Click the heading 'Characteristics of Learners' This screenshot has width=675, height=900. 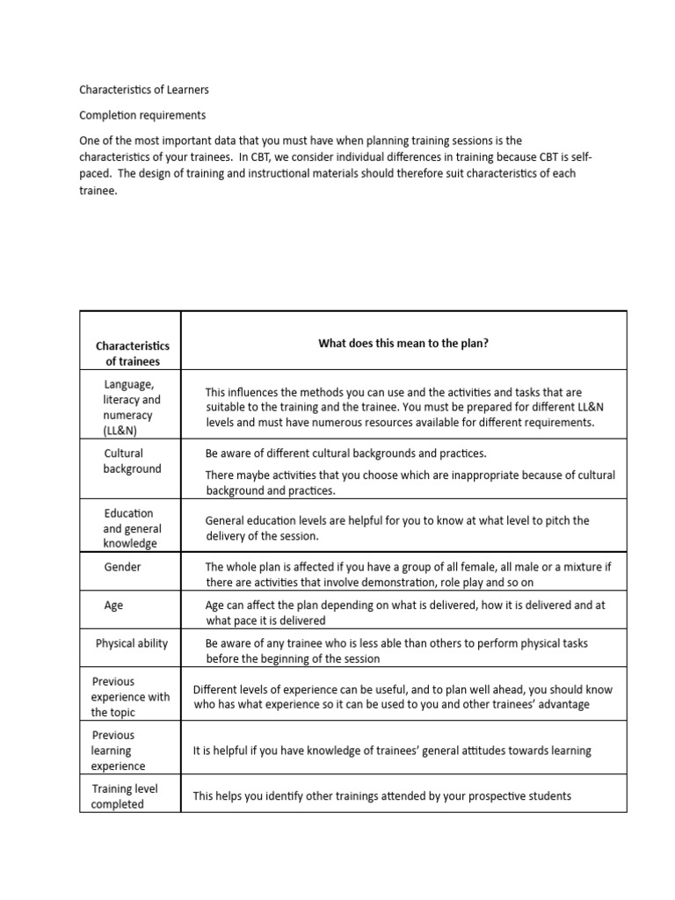[x=144, y=90]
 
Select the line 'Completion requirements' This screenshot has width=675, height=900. [x=142, y=115]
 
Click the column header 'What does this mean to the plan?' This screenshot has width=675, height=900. [x=403, y=344]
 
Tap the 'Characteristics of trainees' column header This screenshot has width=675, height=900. [x=132, y=353]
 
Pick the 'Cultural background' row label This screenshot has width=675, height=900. [x=132, y=461]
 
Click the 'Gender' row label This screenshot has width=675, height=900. [x=122, y=567]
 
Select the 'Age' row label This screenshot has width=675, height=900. [x=113, y=606]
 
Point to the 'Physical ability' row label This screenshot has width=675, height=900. [x=132, y=643]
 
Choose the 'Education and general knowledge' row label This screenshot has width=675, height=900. [x=130, y=528]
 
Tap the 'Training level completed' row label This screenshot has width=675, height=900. [x=125, y=796]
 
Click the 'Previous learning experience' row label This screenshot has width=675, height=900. [x=118, y=751]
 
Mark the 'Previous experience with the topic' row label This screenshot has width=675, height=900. [x=130, y=697]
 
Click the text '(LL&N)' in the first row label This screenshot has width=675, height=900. [x=120, y=431]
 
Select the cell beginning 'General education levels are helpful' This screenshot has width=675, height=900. [x=397, y=528]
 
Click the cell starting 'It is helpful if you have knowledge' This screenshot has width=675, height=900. [x=392, y=751]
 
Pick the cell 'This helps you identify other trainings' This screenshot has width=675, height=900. [x=382, y=796]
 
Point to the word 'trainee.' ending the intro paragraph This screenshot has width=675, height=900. [x=98, y=191]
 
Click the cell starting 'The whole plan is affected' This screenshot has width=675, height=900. [x=409, y=575]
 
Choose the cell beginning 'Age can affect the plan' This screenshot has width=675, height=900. [x=405, y=613]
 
